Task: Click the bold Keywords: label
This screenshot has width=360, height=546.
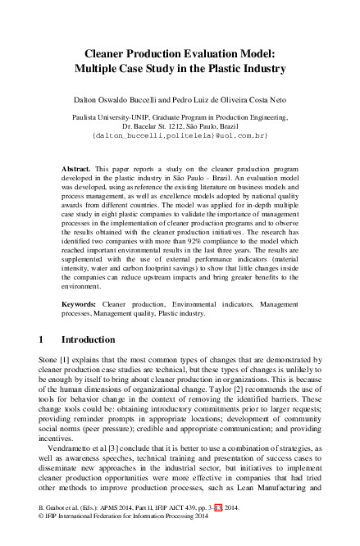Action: [81, 303]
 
